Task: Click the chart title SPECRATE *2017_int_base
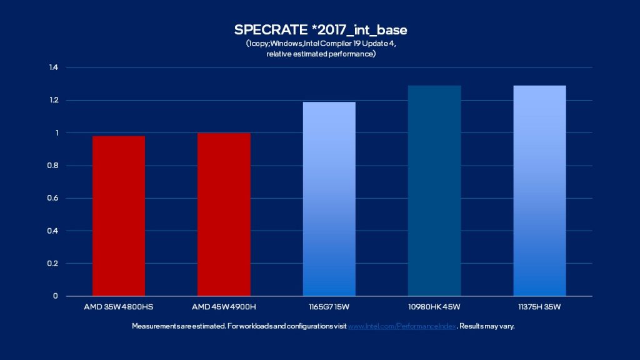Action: [x=319, y=30]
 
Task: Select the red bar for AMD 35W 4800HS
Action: [x=119, y=216]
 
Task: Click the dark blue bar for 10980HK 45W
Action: [x=434, y=191]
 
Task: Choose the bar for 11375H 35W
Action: [x=539, y=191]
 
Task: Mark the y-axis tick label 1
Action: [x=56, y=132]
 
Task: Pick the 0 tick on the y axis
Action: [x=56, y=296]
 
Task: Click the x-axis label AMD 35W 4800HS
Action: [x=119, y=307]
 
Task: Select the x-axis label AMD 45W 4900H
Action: [x=224, y=307]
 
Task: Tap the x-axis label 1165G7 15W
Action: [x=329, y=307]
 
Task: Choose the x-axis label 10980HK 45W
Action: [x=434, y=307]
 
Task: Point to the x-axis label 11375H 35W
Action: [x=539, y=307]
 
